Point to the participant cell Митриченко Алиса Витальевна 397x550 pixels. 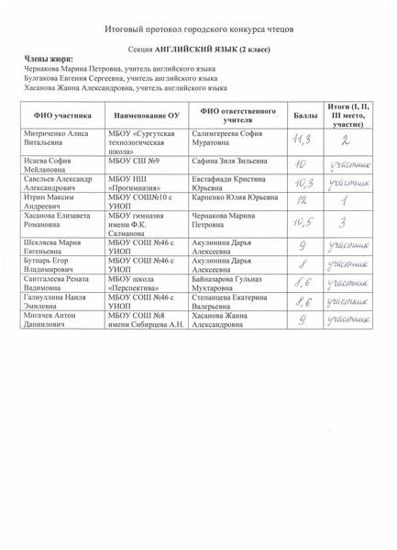pos(55,139)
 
